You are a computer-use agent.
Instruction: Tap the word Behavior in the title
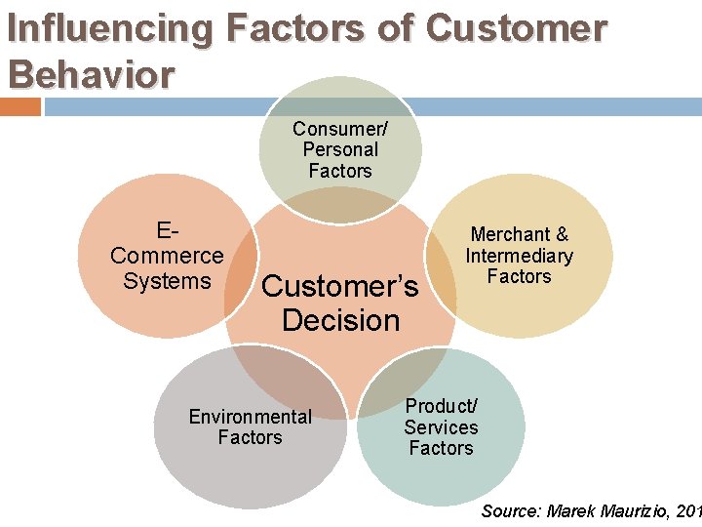(x=91, y=73)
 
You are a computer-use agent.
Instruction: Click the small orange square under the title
(x=20, y=105)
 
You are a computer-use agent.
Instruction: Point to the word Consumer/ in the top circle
(x=339, y=129)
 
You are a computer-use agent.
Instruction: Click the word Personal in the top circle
(x=340, y=149)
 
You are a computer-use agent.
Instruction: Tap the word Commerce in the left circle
(x=167, y=256)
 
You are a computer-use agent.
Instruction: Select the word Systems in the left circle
(x=167, y=281)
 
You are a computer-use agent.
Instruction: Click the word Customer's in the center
(x=340, y=286)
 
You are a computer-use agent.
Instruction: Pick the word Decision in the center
(x=340, y=320)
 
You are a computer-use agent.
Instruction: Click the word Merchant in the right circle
(x=510, y=234)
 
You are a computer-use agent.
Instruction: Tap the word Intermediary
(x=519, y=256)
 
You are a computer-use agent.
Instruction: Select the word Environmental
(x=250, y=417)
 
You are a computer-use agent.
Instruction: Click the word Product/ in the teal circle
(x=441, y=406)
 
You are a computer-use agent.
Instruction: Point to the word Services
(x=441, y=427)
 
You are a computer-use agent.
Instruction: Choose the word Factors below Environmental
(x=250, y=437)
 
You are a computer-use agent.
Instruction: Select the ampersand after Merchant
(x=562, y=234)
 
